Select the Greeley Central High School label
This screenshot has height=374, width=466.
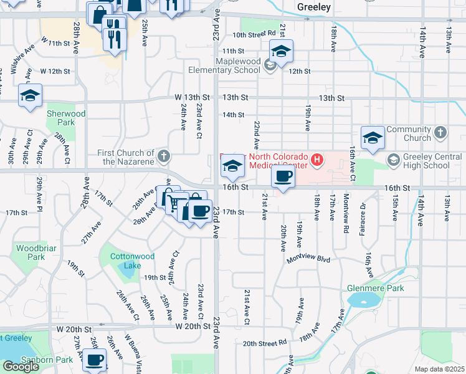[427, 161]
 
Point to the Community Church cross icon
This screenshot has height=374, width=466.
[441, 132]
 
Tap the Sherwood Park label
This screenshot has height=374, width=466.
[66, 118]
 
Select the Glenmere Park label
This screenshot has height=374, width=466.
[376, 288]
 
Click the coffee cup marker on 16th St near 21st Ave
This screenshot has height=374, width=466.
[283, 178]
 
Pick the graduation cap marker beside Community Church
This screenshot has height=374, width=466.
[373, 138]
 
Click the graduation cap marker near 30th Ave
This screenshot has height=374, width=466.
[30, 96]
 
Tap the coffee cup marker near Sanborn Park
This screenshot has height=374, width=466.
[95, 360]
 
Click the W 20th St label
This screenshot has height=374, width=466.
[194, 326]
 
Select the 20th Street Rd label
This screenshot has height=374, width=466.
[265, 343]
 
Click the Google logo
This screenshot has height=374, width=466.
[21, 367]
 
